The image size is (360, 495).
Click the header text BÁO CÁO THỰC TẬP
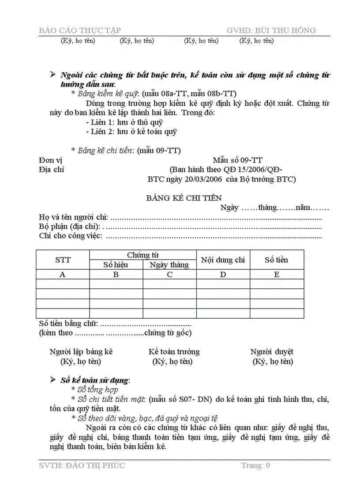pyautogui.click(x=80, y=30)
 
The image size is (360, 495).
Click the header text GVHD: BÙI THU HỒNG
pyautogui.click(x=271, y=30)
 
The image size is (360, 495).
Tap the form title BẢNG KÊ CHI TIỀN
pyautogui.click(x=184, y=198)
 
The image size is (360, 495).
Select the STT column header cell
pyautogui.click(x=63, y=260)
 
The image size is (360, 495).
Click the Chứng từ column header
pyautogui.click(x=143, y=255)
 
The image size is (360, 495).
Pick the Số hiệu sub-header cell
pyautogui.click(x=116, y=265)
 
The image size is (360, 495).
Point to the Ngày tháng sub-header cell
pyautogui.click(x=169, y=265)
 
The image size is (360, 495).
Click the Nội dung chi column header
pyautogui.click(x=223, y=260)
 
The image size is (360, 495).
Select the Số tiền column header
pyautogui.click(x=277, y=260)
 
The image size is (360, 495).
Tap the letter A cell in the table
pyautogui.click(x=63, y=274)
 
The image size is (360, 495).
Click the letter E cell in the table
pyautogui.click(x=277, y=274)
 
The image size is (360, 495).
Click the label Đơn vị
pyautogui.click(x=51, y=160)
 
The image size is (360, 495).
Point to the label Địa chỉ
pyautogui.click(x=51, y=170)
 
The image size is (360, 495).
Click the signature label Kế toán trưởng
pyautogui.click(x=174, y=351)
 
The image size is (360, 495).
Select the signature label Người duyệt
pyautogui.click(x=272, y=351)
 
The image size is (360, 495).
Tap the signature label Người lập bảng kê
pyautogui.click(x=81, y=351)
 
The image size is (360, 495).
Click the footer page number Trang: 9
pyautogui.click(x=255, y=465)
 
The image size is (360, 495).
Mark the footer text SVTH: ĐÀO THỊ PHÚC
pyautogui.click(x=82, y=465)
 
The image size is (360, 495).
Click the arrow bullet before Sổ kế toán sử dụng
pyautogui.click(x=53, y=380)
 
